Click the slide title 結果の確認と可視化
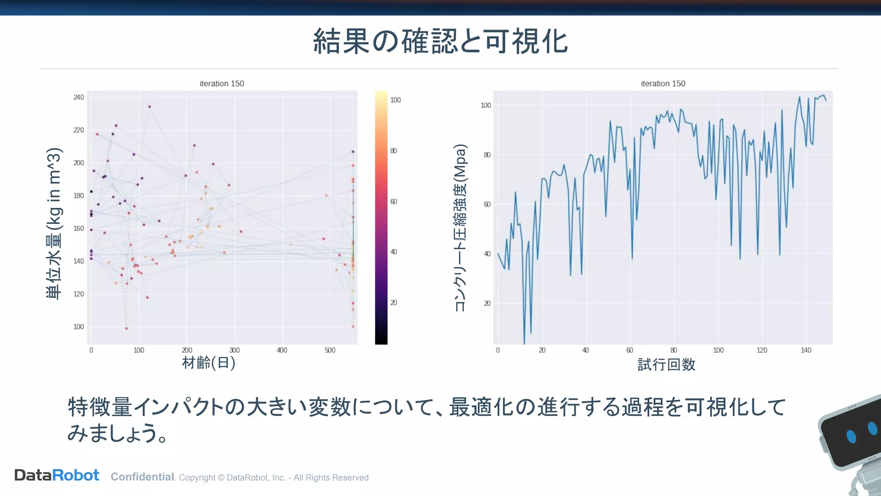[x=440, y=42]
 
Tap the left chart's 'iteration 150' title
[x=222, y=84]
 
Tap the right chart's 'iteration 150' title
[x=662, y=84]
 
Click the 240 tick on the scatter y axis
[x=79, y=97]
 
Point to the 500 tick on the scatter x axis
[x=330, y=350]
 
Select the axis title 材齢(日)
[x=209, y=363]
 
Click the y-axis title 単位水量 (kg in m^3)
[x=55, y=223]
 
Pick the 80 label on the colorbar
[x=394, y=151]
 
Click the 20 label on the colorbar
[x=394, y=303]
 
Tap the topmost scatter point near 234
[x=149, y=106]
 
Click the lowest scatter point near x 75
[x=126, y=329]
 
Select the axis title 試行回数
[x=666, y=365]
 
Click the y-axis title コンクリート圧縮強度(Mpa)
[x=460, y=227]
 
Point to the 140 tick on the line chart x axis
[x=806, y=350]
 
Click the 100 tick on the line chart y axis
[x=486, y=105]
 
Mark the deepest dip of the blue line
[x=524, y=343]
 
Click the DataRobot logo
[x=57, y=475]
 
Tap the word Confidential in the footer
[x=142, y=477]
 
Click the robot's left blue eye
[x=851, y=436]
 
